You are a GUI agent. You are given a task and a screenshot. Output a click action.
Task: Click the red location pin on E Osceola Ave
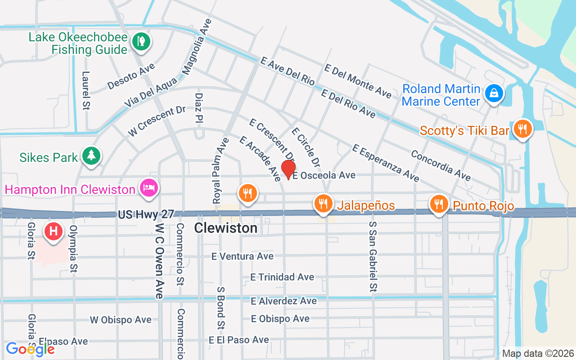pyautogui.click(x=288, y=169)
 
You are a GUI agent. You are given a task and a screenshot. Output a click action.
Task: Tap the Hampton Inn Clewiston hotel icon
pyautogui.click(x=148, y=187)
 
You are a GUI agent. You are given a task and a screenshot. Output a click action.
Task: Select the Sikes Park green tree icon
pyautogui.click(x=92, y=156)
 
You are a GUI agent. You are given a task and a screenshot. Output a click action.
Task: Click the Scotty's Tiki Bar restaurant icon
pyautogui.click(x=522, y=129)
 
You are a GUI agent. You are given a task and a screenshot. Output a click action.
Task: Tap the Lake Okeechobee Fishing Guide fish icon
pyautogui.click(x=141, y=42)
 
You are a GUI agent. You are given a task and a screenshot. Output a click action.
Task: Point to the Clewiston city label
pyautogui.click(x=226, y=228)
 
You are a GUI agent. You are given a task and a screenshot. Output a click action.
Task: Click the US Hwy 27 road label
pyautogui.click(x=146, y=215)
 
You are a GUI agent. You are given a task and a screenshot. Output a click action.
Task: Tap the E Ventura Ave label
pyautogui.click(x=243, y=256)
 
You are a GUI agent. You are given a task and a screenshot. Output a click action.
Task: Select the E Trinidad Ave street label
pyautogui.click(x=282, y=277)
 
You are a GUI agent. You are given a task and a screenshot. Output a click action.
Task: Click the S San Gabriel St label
pyautogui.click(x=373, y=256)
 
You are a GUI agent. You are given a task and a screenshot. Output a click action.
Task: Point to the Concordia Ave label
pyautogui.click(x=441, y=165)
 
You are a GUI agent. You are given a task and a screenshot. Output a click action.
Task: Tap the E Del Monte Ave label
pyautogui.click(x=358, y=81)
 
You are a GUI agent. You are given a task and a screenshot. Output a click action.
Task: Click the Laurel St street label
pyautogui.click(x=86, y=90)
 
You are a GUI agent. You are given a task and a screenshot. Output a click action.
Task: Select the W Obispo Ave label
pyautogui.click(x=121, y=320)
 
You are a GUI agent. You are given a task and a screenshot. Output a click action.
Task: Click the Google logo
pyautogui.click(x=30, y=349)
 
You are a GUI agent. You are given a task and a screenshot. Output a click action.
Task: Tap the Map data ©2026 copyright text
pyautogui.click(x=538, y=353)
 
